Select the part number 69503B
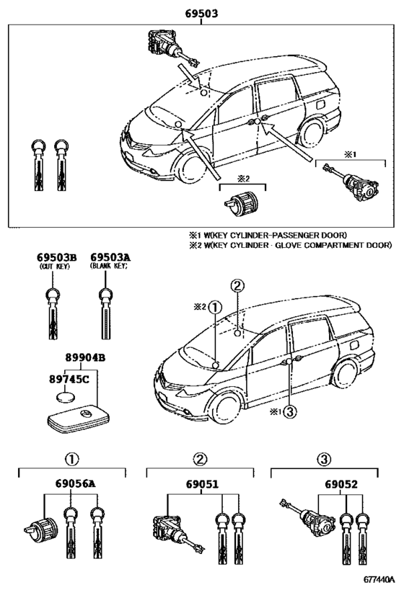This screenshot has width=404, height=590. click(x=56, y=257)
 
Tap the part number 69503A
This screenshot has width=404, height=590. click(x=108, y=257)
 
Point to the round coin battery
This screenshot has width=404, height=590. click(x=67, y=397)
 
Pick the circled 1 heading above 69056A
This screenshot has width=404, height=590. click(x=71, y=458)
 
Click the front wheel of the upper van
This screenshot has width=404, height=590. click(x=190, y=167)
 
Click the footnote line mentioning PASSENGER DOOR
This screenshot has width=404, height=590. click(x=268, y=235)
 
